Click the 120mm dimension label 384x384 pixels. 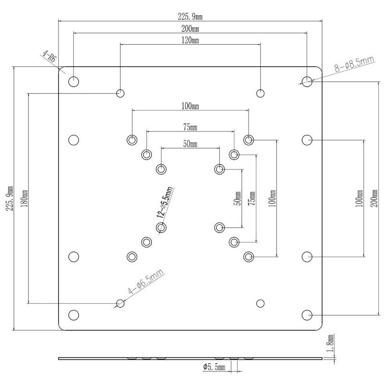(x=190, y=40)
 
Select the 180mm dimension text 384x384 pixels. (x=24, y=198)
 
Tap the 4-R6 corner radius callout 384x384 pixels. (x=49, y=56)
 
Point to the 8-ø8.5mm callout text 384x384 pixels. (x=355, y=64)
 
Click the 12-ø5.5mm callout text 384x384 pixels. (x=164, y=203)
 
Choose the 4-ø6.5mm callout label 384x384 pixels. (x=146, y=282)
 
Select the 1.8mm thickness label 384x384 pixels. (x=330, y=343)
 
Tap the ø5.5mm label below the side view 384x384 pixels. (x=214, y=367)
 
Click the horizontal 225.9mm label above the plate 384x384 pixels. (x=190, y=17)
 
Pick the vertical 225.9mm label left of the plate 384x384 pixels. (x=10, y=198)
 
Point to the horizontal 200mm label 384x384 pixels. (x=190, y=29)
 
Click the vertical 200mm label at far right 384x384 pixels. (x=374, y=198)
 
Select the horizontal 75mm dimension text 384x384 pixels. (x=190, y=127)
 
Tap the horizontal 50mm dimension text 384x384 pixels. (x=190, y=144)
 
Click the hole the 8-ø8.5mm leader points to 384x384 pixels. (x=307, y=82)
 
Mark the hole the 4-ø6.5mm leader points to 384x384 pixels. (x=120, y=303)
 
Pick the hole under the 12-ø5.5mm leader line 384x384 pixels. (x=161, y=228)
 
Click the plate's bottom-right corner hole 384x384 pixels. (x=307, y=315)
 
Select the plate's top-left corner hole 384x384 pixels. (x=73, y=82)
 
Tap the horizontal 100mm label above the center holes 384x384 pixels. (x=190, y=106)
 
